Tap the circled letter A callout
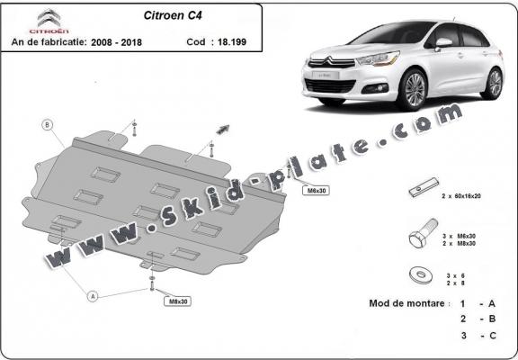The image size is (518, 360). click(x=93, y=294)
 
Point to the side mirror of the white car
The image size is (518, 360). click(x=444, y=42)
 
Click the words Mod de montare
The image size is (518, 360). click(x=407, y=303)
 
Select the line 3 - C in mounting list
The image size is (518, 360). click(x=477, y=336)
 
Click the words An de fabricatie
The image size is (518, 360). click(x=46, y=41)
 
